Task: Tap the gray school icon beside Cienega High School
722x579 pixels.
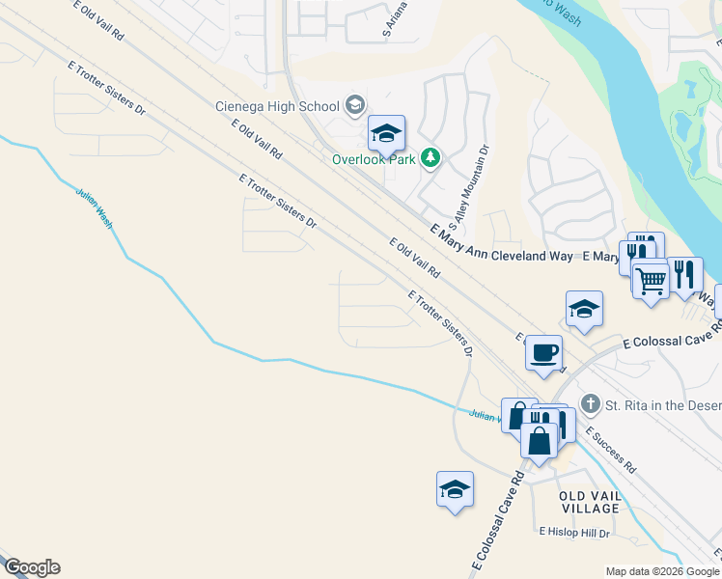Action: pyautogui.click(x=354, y=104)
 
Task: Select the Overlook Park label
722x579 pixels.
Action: pyautogui.click(x=373, y=158)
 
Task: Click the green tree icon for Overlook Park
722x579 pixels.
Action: pyautogui.click(x=430, y=157)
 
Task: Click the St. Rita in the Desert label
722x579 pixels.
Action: pyautogui.click(x=662, y=403)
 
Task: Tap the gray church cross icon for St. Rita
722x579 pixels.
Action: pyautogui.click(x=590, y=402)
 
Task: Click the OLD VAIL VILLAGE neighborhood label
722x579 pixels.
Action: pyautogui.click(x=589, y=501)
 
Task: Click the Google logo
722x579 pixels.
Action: pyautogui.click(x=32, y=567)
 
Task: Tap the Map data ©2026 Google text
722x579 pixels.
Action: pyautogui.click(x=663, y=571)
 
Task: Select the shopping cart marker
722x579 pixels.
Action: pyautogui.click(x=652, y=281)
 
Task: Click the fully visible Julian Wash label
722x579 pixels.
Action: pyautogui.click(x=95, y=206)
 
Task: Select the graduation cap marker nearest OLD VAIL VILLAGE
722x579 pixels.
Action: pyautogui.click(x=455, y=488)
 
